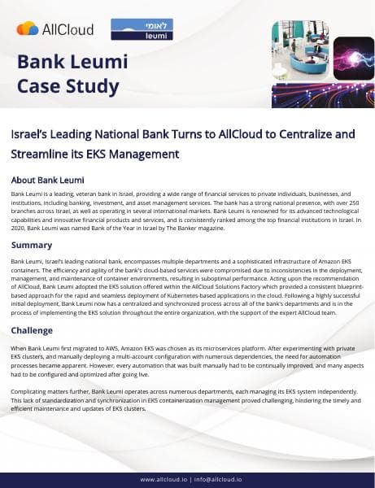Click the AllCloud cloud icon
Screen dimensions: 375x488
pos(27,28)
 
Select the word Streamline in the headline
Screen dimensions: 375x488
pos(43,153)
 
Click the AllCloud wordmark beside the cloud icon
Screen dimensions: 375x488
pos(68,29)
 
